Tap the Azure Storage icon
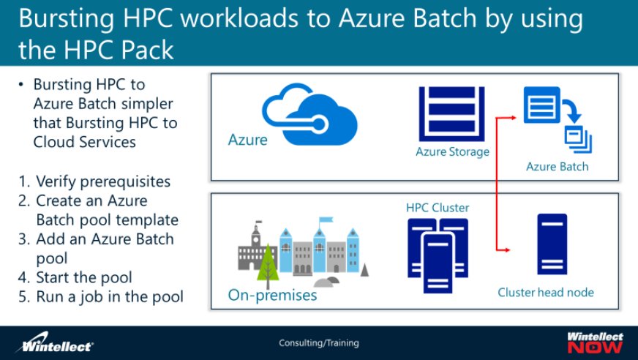[452, 113]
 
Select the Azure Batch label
[557, 167]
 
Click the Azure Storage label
[452, 152]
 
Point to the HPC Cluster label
[438, 208]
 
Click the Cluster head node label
[546, 292]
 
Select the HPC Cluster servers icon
[438, 252]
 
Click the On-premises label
[272, 296]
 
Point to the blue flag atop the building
[326, 219]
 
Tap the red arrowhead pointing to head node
[506, 250]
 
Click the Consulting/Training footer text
[319, 342]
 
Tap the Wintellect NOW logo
[595, 342]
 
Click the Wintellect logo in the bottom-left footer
[56, 343]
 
